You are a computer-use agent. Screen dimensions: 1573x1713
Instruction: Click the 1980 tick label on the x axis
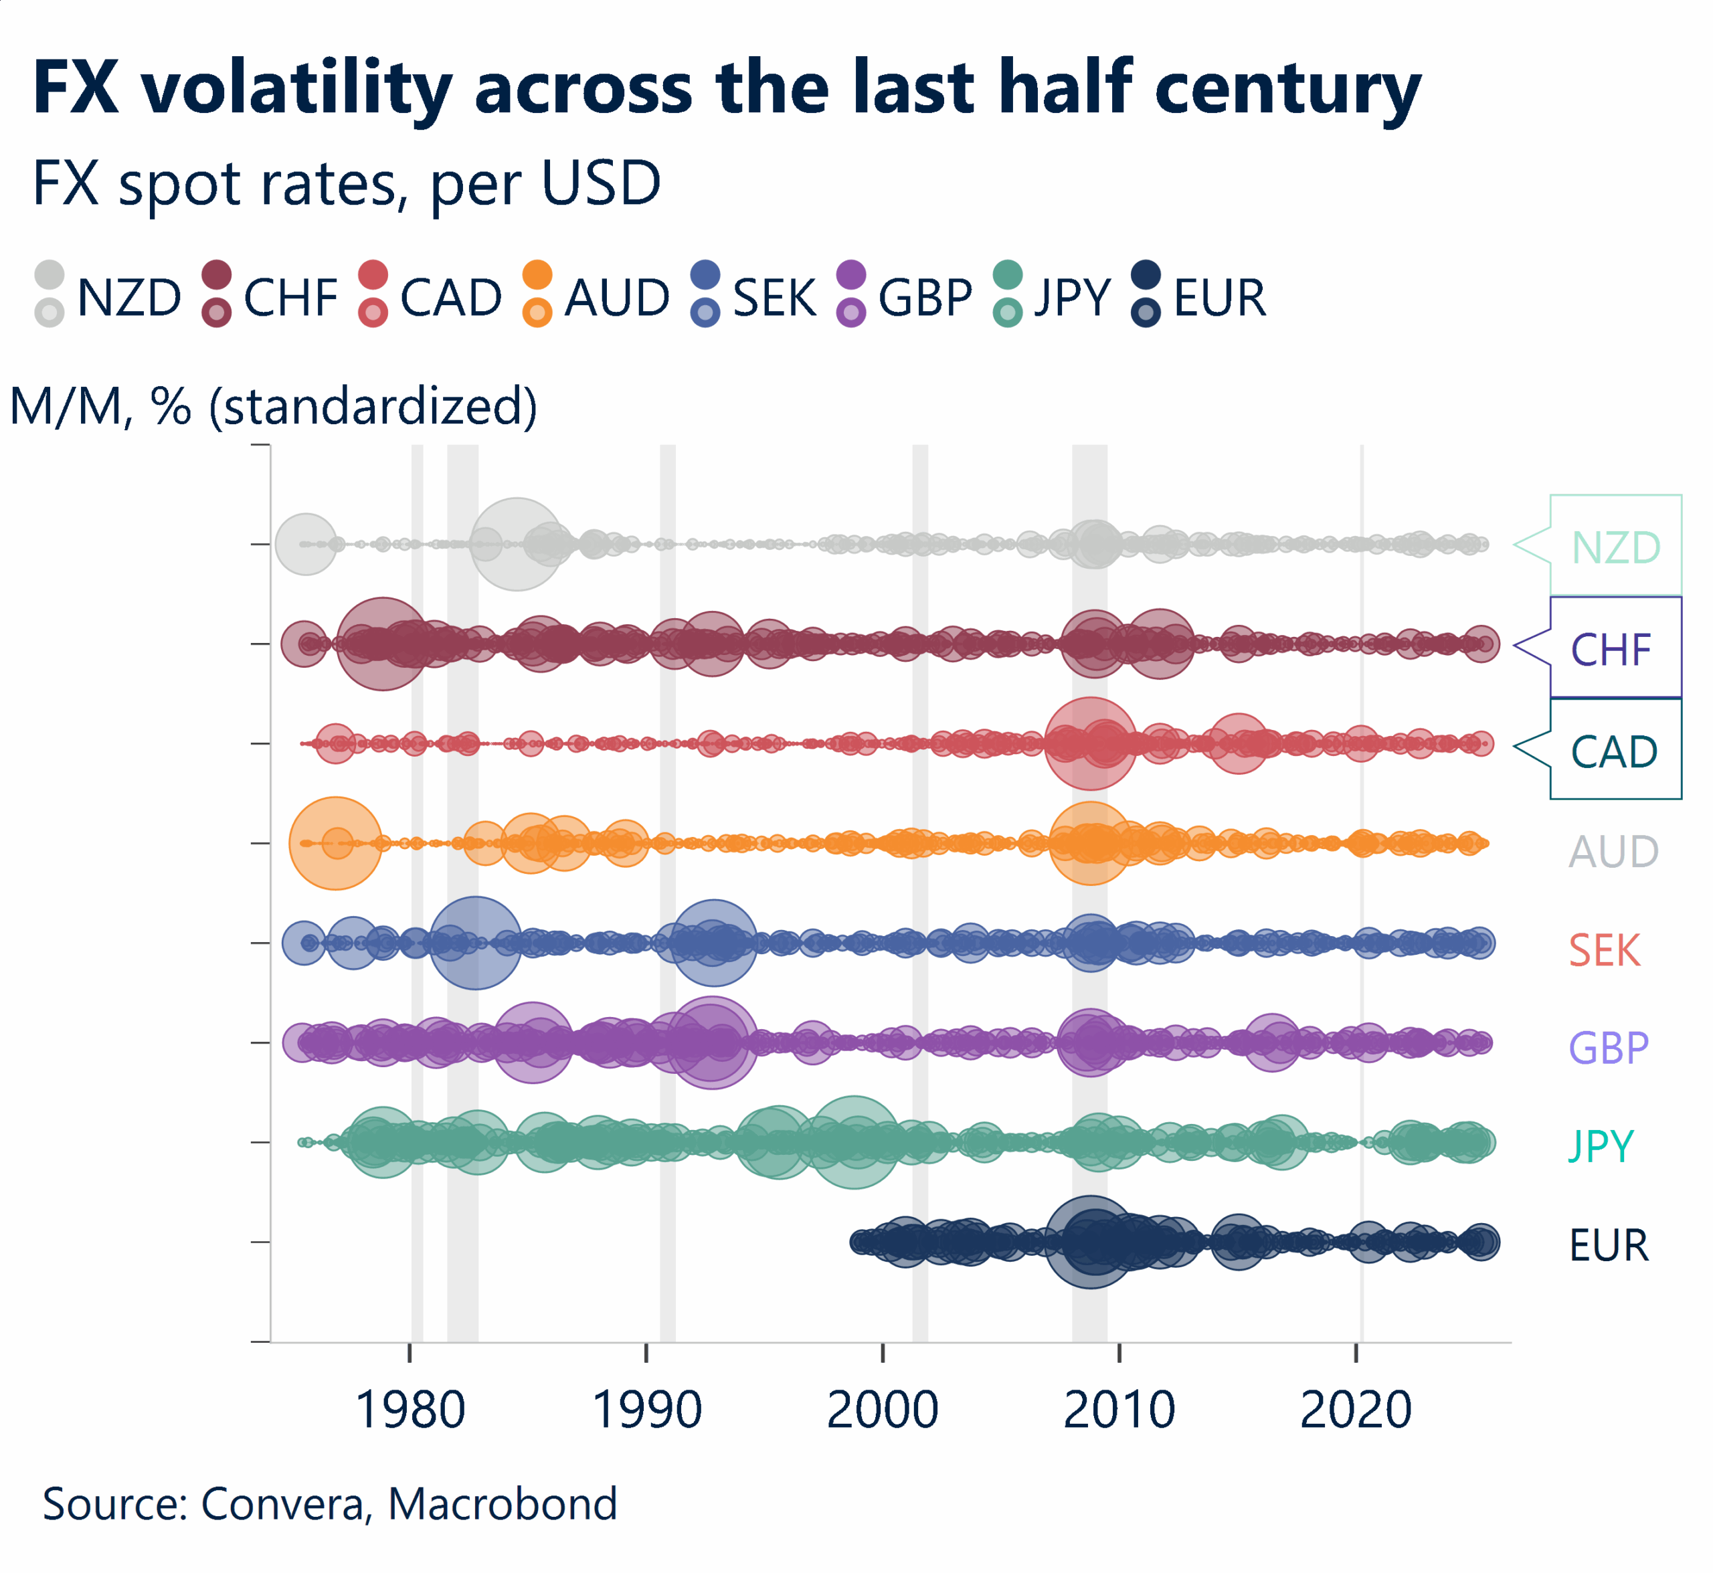(x=410, y=1410)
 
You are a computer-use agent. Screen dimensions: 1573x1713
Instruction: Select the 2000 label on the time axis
(x=882, y=1410)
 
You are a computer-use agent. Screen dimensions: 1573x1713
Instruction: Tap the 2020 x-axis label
(x=1356, y=1410)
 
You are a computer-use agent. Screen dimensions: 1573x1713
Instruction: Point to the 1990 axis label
(x=646, y=1410)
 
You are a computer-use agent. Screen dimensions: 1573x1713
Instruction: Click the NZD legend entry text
(x=129, y=298)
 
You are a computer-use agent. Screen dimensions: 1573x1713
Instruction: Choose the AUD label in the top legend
(x=617, y=298)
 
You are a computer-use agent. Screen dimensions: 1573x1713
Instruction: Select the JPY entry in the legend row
(x=1073, y=298)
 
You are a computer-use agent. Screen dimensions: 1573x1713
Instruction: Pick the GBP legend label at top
(x=925, y=298)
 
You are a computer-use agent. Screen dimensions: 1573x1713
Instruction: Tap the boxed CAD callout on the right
(x=1613, y=751)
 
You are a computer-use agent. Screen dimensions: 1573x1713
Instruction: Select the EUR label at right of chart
(x=1608, y=1245)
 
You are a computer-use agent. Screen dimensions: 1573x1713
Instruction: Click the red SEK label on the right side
(x=1604, y=950)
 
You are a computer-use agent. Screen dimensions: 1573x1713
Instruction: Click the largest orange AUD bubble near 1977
(x=335, y=842)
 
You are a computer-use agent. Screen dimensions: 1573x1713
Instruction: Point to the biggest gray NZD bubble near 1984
(x=516, y=544)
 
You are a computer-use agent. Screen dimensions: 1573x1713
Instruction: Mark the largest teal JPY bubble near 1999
(x=854, y=1141)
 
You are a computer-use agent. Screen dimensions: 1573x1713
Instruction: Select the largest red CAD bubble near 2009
(x=1090, y=743)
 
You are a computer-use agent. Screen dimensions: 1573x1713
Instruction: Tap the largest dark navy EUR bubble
(x=1090, y=1241)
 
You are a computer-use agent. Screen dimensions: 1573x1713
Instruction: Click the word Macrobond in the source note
(x=503, y=1504)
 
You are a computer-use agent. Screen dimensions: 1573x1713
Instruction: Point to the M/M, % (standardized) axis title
(x=273, y=406)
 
